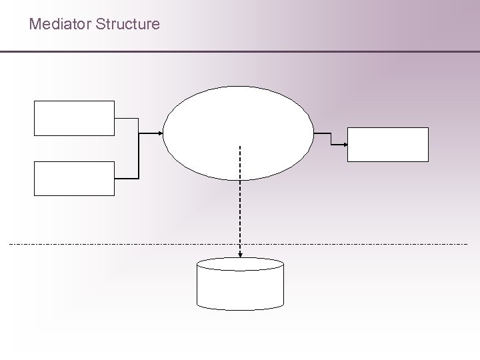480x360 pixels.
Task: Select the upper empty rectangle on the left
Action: pyautogui.click(x=74, y=118)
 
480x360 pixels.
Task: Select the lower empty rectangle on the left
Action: pyautogui.click(x=74, y=178)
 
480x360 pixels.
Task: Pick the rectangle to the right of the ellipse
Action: pyautogui.click(x=387, y=145)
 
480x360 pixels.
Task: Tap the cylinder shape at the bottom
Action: pyautogui.click(x=240, y=287)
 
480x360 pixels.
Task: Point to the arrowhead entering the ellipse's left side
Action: pyautogui.click(x=160, y=133)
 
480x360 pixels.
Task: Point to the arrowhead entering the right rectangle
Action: pyautogui.click(x=344, y=145)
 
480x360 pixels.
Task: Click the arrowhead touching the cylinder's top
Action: pyautogui.click(x=240, y=254)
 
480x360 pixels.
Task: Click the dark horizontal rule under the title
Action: pyautogui.click(x=240, y=51)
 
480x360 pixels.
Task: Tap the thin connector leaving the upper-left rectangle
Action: pyautogui.click(x=127, y=119)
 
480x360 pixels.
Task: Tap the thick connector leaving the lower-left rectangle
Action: pyautogui.click(x=127, y=179)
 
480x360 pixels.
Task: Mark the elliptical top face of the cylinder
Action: pyautogui.click(x=240, y=264)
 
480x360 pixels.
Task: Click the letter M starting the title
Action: pyautogui.click(x=35, y=25)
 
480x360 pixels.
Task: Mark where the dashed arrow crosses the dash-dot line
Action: pyautogui.click(x=240, y=244)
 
